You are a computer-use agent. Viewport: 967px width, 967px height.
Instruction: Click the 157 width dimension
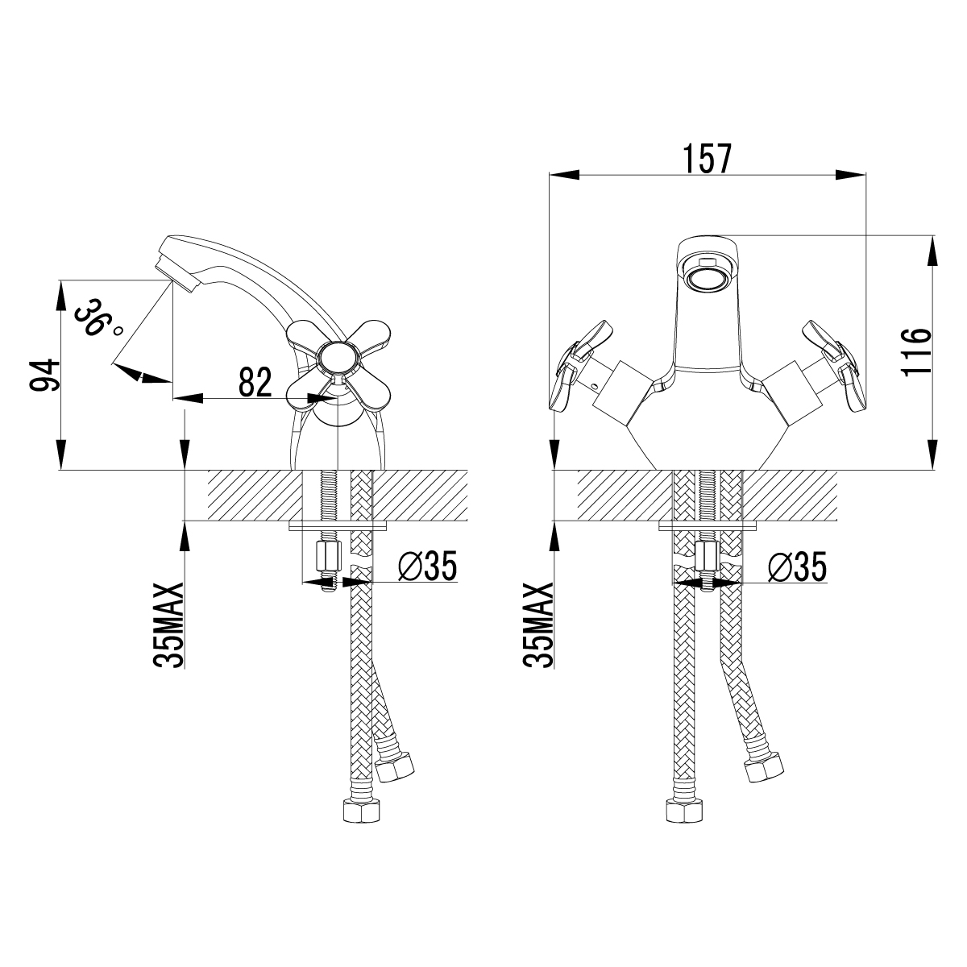708,159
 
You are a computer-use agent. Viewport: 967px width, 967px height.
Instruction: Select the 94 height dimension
45,375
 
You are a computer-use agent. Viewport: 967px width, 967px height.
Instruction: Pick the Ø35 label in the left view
428,566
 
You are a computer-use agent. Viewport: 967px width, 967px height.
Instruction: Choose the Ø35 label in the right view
797,567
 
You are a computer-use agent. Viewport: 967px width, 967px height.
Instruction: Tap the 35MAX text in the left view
168,625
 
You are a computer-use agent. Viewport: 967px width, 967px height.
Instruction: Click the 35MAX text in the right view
537,625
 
